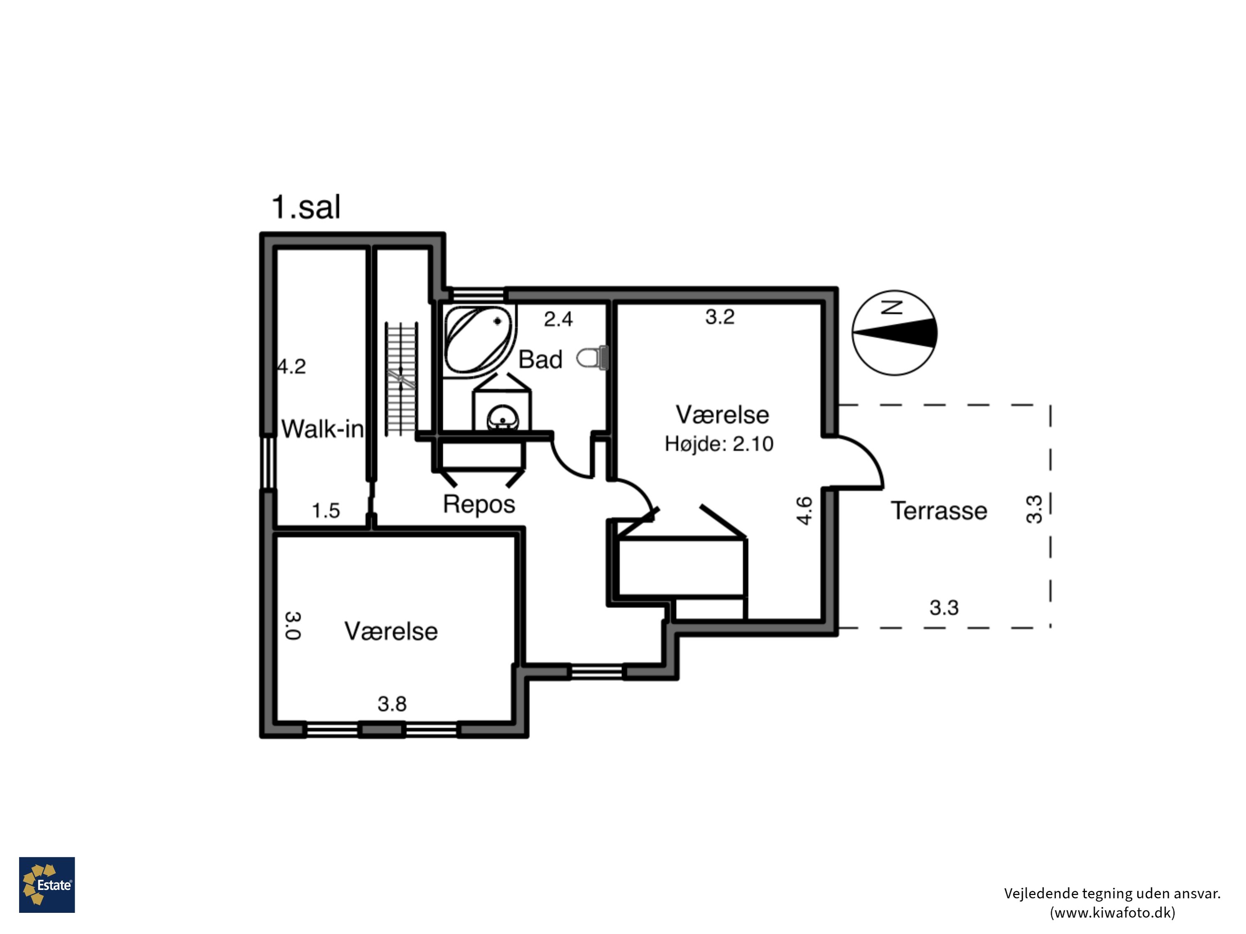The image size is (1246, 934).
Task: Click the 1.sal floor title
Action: coord(306,207)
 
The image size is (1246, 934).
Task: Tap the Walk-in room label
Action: coord(323,429)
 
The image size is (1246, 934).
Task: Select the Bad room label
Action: coord(540,359)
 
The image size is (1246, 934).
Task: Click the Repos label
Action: coord(479,504)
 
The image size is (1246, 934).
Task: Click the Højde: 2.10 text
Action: coord(719,444)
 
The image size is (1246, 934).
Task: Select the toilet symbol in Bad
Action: coord(592,357)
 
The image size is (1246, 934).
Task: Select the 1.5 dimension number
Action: coord(326,511)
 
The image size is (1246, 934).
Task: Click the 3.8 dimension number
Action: coord(392,704)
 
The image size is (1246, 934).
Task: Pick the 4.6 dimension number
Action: coord(805,511)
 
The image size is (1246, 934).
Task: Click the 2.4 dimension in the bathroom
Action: coord(558,319)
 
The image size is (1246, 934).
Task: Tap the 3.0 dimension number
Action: coord(292,626)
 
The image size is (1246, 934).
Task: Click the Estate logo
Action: coord(47,885)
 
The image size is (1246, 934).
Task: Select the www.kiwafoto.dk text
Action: coord(1113,912)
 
